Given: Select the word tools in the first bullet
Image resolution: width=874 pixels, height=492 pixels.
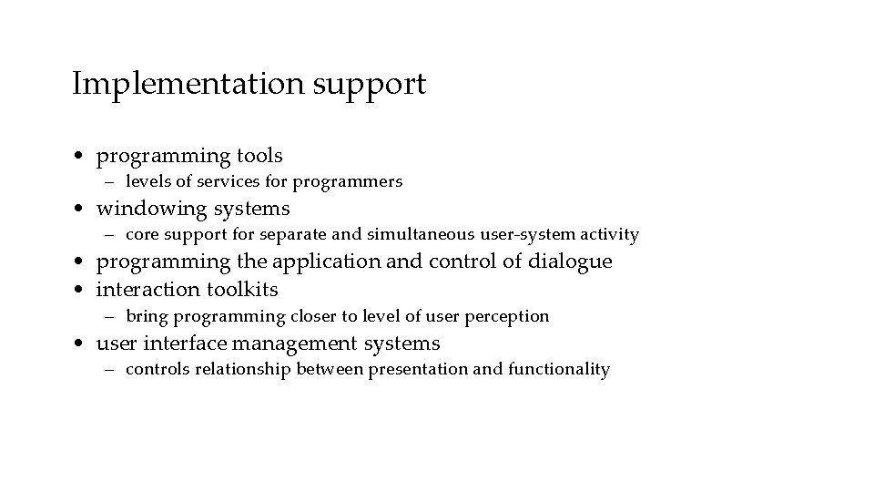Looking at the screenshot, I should (258, 156).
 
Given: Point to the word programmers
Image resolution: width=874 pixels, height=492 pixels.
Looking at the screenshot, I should (357, 181).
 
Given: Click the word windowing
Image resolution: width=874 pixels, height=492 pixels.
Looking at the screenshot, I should (152, 209).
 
